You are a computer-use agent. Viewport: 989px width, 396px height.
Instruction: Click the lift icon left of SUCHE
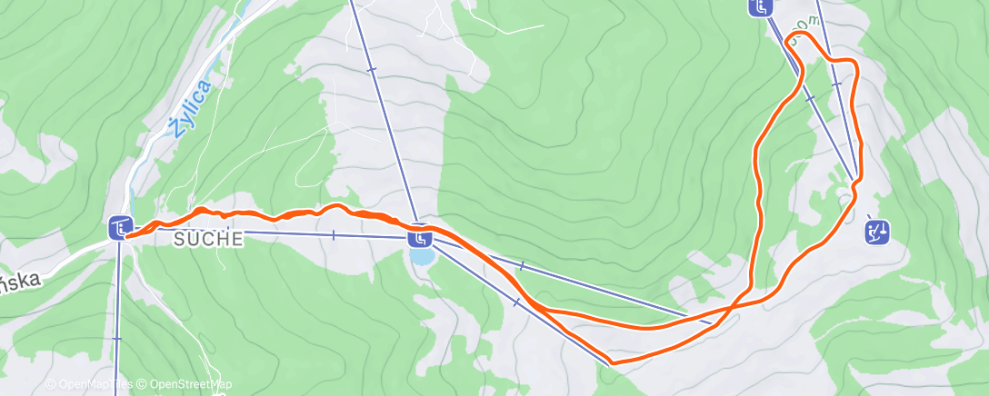pos(120,227)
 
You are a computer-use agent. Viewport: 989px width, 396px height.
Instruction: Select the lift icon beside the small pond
pos(419,238)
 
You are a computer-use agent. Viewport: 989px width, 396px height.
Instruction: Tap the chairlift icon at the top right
pos(760,7)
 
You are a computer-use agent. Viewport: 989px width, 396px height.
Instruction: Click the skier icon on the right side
pos(876,233)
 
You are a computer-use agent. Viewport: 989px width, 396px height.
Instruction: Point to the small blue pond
pos(421,257)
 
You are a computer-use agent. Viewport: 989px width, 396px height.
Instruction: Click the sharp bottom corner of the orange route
pos(613,362)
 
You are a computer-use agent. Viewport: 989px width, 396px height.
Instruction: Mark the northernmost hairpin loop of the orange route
pos(793,37)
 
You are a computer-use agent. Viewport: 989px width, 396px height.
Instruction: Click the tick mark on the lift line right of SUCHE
pos(334,235)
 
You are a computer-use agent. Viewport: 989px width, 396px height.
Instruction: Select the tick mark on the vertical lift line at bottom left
pos(117,338)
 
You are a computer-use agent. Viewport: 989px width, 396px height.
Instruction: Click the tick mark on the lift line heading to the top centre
pos(372,68)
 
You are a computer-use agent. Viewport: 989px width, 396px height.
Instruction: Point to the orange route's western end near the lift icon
pos(128,234)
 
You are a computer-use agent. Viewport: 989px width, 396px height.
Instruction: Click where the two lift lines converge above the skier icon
pos(854,179)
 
